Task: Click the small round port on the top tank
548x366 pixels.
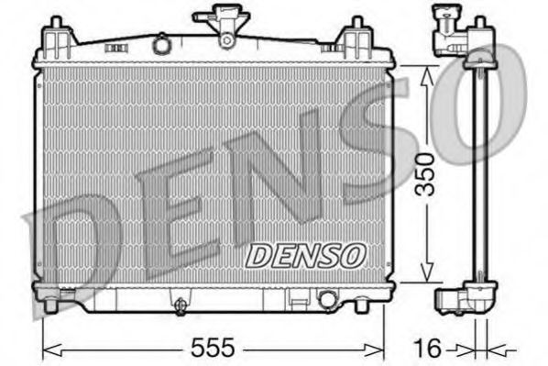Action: pos(161,44)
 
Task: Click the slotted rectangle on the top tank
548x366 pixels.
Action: pos(114,44)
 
